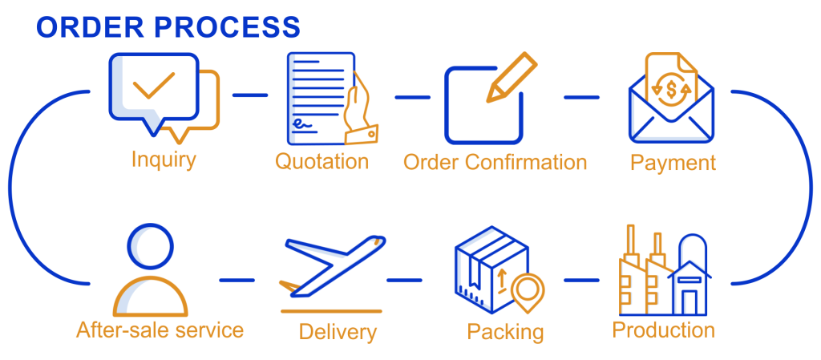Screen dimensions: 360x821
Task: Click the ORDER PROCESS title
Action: (168, 27)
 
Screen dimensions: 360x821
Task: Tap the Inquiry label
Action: (164, 159)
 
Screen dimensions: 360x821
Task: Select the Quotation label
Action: (322, 161)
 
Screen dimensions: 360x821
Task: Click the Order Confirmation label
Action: (495, 162)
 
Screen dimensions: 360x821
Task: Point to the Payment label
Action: (673, 163)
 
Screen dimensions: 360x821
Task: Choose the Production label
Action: (664, 330)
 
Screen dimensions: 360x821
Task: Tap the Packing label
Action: (505, 330)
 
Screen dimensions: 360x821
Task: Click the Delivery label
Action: (338, 330)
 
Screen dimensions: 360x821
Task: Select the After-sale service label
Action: (160, 330)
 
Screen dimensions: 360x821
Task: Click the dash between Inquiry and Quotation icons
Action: (250, 95)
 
